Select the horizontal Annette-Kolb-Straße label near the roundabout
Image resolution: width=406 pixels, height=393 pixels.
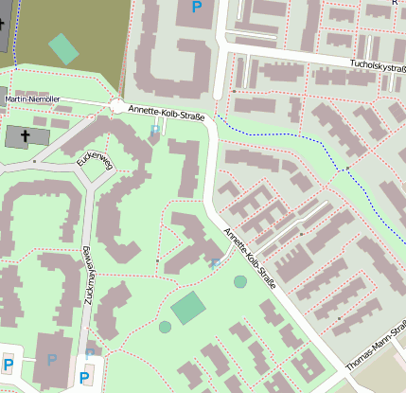click(166, 113)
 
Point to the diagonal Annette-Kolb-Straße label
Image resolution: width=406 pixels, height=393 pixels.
click(249, 259)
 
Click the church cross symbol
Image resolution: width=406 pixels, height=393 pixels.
click(24, 136)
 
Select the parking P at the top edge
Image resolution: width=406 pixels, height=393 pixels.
click(197, 8)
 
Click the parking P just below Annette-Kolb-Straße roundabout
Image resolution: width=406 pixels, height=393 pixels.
click(156, 131)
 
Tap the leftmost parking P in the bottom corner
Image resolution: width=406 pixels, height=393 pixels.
click(9, 365)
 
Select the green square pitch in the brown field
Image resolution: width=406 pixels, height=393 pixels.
click(63, 48)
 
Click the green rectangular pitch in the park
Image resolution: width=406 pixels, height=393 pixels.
click(188, 308)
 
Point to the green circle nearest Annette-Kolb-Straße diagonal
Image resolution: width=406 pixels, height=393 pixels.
click(240, 281)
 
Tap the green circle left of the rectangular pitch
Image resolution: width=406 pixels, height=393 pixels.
click(166, 327)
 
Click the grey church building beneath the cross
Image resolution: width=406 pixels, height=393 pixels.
click(24, 137)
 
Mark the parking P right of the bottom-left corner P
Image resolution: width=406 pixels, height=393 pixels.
click(52, 360)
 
